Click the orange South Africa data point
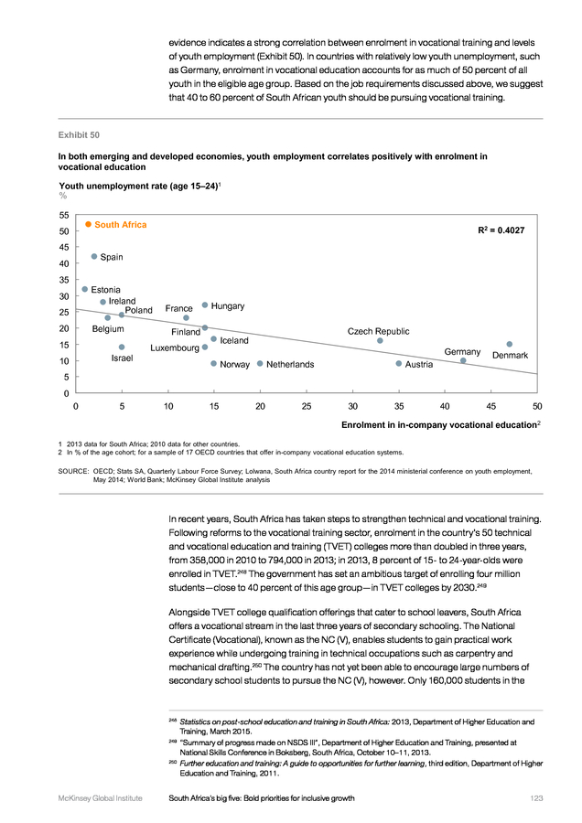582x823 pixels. [x=88, y=224]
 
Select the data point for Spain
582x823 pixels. [x=94, y=256]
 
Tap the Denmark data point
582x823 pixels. [x=510, y=345]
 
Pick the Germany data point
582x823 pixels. [x=463, y=360]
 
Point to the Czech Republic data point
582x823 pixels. [x=380, y=341]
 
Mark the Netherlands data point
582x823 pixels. [x=260, y=363]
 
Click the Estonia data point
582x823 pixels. [x=84, y=289]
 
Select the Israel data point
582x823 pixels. [x=122, y=347]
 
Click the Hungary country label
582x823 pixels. [x=228, y=306]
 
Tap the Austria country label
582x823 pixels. [x=418, y=364]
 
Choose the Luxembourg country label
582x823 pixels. [x=175, y=348]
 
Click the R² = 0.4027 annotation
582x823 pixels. [x=501, y=230]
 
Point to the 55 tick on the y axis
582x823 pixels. [x=64, y=215]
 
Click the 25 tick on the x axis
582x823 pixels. [x=307, y=406]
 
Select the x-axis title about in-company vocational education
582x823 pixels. [x=441, y=424]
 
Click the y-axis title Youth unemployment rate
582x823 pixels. [x=140, y=186]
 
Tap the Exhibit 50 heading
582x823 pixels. [x=79, y=135]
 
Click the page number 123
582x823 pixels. [x=536, y=798]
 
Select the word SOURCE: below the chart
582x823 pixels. [x=73, y=471]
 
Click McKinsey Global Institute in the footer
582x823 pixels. [x=101, y=798]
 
